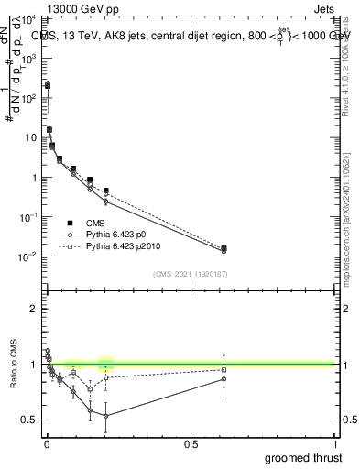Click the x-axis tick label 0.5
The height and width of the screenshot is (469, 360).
point(191,444)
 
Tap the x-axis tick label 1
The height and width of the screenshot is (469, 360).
point(336,444)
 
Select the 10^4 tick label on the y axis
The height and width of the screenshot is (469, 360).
point(29,18)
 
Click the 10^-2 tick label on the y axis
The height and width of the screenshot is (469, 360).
point(29,256)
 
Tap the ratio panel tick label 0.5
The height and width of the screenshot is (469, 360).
point(29,420)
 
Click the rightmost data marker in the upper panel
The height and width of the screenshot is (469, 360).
point(224,248)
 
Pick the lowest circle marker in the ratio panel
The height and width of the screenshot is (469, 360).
point(106,416)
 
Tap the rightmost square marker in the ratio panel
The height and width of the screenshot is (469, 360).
point(224,370)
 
